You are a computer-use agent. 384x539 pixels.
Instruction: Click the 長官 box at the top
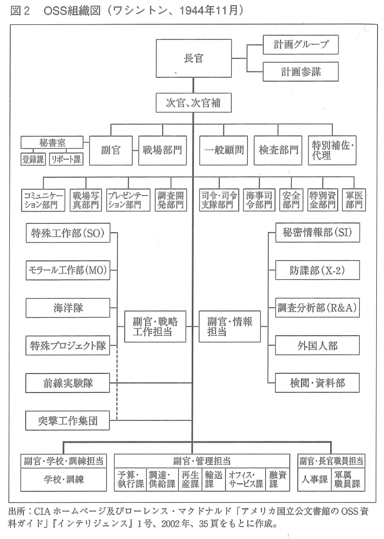pyautogui.click(x=193, y=58)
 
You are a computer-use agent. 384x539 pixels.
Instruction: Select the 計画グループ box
pyautogui.click(x=301, y=45)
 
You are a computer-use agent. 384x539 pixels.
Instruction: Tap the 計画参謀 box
pyautogui.click(x=301, y=72)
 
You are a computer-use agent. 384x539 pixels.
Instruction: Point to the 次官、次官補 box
pyautogui.click(x=193, y=103)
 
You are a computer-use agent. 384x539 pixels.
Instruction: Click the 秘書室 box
pyautogui.click(x=52, y=143)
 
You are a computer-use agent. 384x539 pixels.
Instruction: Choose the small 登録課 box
pyautogui.click(x=33, y=159)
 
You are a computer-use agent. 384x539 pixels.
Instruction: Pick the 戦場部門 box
pyautogui.click(x=162, y=150)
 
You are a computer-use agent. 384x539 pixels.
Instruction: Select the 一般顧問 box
pyautogui.click(x=224, y=150)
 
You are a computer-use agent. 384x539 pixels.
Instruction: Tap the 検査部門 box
pyautogui.click(x=278, y=150)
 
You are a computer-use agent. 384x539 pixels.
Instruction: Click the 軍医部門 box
pyautogui.click(x=354, y=200)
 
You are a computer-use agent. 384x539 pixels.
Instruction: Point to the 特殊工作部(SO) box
pyautogui.click(x=68, y=233)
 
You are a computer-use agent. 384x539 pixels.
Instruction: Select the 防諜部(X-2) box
pyautogui.click(x=317, y=270)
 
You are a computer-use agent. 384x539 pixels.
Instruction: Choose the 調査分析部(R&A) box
pyautogui.click(x=317, y=308)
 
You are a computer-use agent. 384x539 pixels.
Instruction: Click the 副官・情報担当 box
pyautogui.click(x=230, y=327)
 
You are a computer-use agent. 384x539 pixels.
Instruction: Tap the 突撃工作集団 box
pyautogui.click(x=68, y=420)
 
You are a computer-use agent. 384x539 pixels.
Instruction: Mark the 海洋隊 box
pyautogui.click(x=68, y=308)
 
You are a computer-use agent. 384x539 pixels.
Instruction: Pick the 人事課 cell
pyautogui.click(x=315, y=479)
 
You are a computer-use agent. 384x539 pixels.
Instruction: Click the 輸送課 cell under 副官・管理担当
pyautogui.click(x=214, y=479)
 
